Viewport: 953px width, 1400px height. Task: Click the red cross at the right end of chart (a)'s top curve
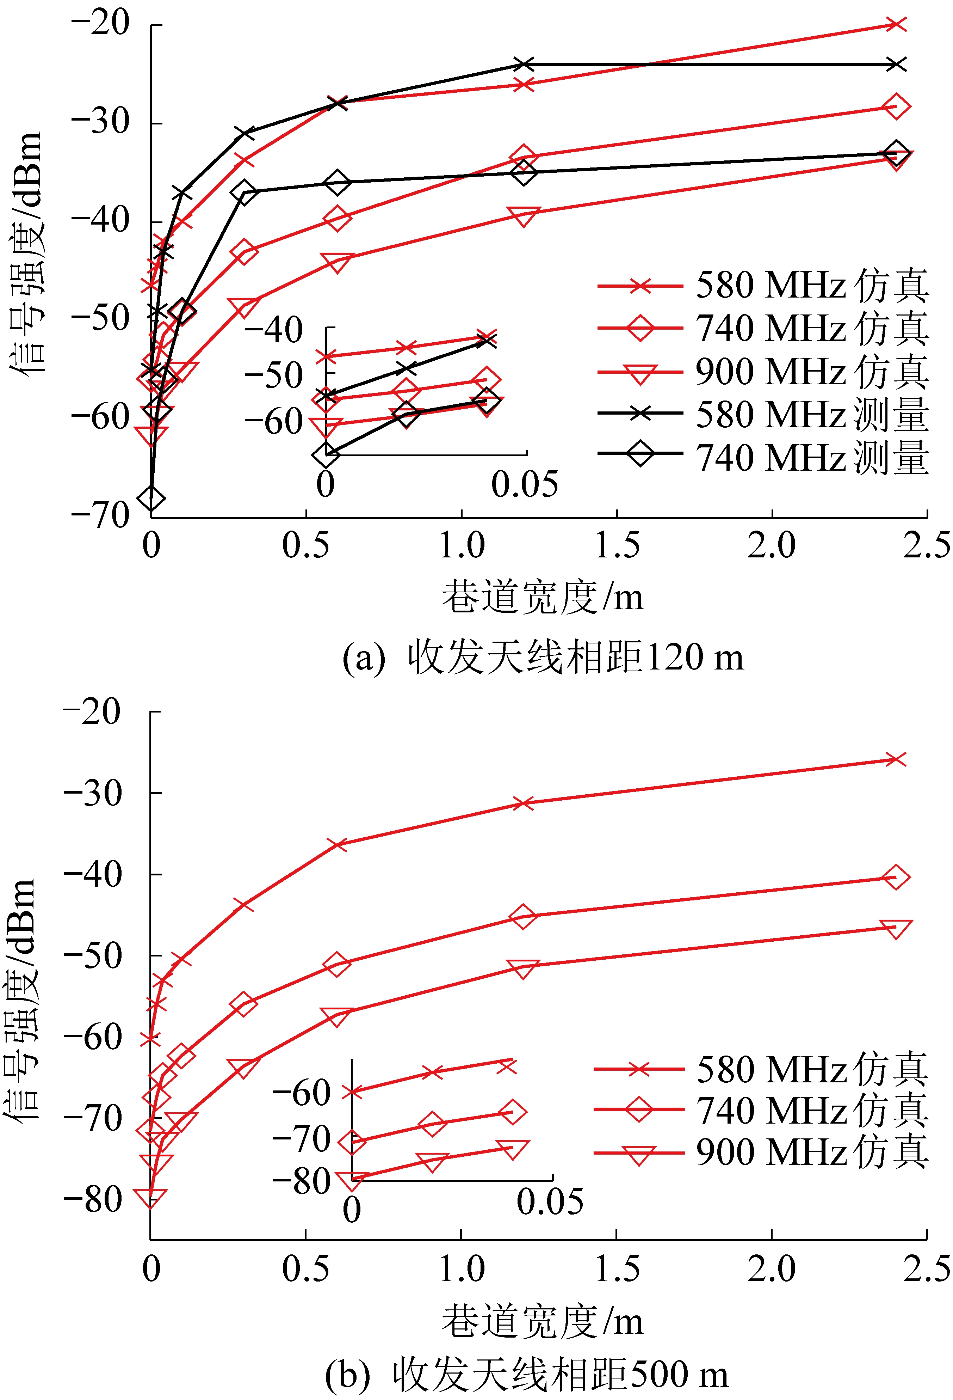(x=896, y=24)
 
